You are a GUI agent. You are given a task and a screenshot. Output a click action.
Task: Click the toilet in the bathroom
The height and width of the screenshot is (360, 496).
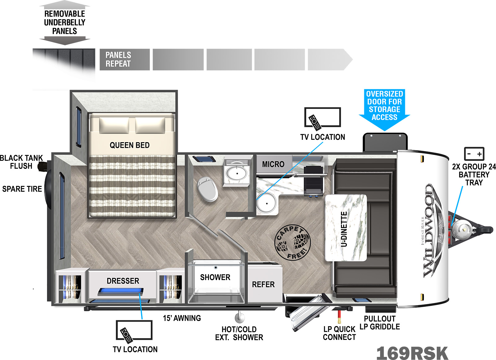(x=207, y=189)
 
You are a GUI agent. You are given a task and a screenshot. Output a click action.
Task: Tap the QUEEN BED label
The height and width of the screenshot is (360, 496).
(x=130, y=145)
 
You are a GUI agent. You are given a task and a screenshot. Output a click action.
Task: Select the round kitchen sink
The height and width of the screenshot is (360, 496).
(x=266, y=203)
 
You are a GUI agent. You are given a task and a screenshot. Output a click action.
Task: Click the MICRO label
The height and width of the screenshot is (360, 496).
(x=273, y=164)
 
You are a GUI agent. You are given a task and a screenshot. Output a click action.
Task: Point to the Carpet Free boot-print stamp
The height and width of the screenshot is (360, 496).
(x=292, y=243)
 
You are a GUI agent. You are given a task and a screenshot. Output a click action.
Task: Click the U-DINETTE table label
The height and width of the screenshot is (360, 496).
(x=344, y=229)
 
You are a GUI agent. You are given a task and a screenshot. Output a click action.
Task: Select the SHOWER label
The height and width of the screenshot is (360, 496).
(x=215, y=277)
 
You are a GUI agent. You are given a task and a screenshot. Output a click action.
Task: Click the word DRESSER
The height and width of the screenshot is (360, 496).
(x=123, y=281)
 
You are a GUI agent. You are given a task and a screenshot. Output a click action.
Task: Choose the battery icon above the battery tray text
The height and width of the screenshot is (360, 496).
(x=474, y=154)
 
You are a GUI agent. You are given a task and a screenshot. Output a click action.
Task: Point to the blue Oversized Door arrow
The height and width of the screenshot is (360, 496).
(x=384, y=110)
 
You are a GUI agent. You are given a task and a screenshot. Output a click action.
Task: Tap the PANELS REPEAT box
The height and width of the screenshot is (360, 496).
(x=125, y=59)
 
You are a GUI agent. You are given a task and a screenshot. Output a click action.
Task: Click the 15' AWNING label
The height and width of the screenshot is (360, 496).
(x=182, y=318)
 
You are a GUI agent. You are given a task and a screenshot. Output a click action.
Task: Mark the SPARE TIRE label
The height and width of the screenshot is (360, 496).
(x=22, y=189)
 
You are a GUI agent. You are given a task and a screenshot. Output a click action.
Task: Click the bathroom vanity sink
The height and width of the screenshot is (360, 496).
(x=237, y=173)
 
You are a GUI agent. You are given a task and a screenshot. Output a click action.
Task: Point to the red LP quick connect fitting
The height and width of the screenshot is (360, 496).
(x=339, y=317)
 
